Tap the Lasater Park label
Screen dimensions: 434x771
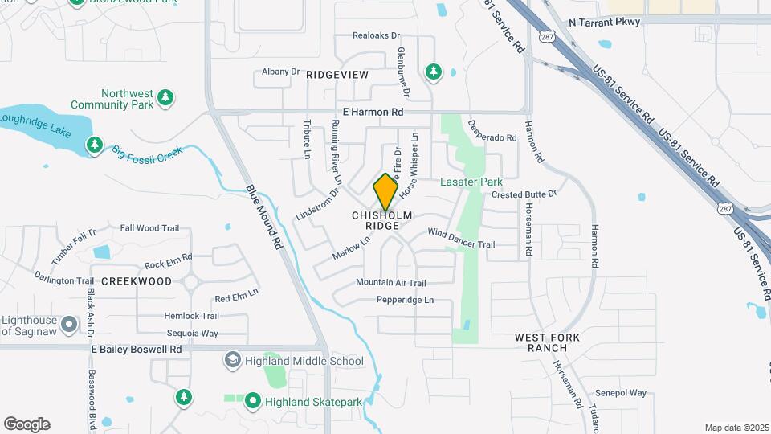tap(471, 182)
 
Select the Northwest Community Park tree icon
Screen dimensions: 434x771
tap(165, 97)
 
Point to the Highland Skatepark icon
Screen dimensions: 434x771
tap(252, 399)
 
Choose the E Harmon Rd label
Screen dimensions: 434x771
tap(373, 113)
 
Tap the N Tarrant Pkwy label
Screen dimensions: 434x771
tap(604, 22)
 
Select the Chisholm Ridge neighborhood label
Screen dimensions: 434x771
tap(382, 221)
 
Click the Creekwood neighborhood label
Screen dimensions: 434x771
tap(137, 281)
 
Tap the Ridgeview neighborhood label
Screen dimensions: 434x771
tap(337, 75)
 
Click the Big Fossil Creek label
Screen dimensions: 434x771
tap(148, 154)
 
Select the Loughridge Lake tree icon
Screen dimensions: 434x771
tap(95, 145)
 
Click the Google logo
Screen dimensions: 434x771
tap(27, 424)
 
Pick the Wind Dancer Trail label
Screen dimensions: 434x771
tap(461, 238)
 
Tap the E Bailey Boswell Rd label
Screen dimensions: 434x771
tap(137, 350)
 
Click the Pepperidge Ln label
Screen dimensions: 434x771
tap(405, 301)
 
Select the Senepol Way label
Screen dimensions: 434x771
tap(621, 393)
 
